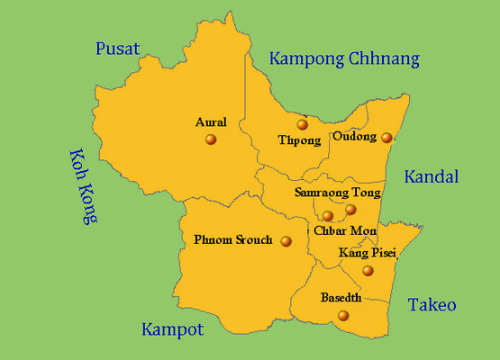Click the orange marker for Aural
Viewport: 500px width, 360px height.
[211, 139]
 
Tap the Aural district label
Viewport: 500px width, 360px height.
[211, 122]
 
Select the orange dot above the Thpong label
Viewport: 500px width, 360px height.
[303, 125]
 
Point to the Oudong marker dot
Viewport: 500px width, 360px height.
[386, 138]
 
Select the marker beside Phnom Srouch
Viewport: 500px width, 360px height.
[286, 241]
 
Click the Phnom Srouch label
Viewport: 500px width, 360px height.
[232, 240]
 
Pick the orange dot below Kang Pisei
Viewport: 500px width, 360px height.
[368, 271]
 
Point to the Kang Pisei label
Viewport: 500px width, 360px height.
[367, 254]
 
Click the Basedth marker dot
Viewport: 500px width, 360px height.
[342, 315]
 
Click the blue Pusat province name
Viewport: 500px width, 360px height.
[119, 49]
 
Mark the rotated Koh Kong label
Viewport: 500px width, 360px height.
[83, 185]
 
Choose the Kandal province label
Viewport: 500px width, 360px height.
[431, 176]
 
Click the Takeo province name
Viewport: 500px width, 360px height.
[432, 305]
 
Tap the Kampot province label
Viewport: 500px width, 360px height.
[172, 329]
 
